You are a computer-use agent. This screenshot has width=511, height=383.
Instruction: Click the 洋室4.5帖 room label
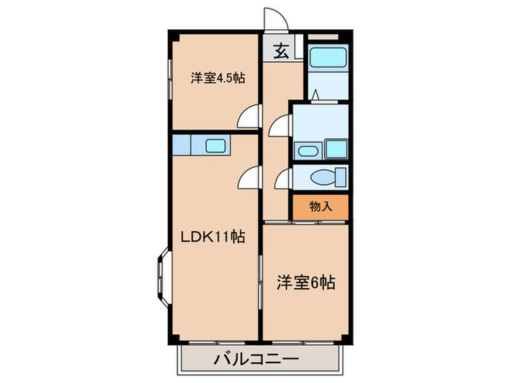(x=218, y=77)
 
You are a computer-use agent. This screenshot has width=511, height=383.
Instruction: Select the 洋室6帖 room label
(x=306, y=282)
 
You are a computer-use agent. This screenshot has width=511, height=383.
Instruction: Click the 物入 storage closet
(x=321, y=206)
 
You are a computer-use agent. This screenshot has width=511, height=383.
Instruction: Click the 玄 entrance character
(x=281, y=51)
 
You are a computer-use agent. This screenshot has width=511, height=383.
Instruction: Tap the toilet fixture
(x=326, y=178)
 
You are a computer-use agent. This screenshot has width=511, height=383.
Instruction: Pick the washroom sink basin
(x=307, y=151)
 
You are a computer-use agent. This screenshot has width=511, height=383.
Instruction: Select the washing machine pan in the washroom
(x=336, y=150)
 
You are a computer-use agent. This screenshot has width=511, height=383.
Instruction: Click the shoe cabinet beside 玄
(x=298, y=50)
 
